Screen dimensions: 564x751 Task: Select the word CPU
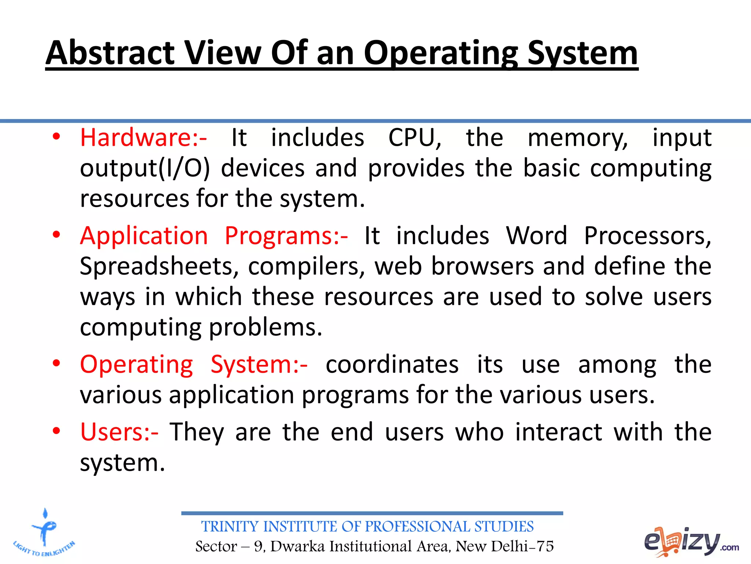click(x=414, y=138)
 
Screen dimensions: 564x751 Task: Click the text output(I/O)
click(x=145, y=168)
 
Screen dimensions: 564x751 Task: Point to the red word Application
click(x=144, y=235)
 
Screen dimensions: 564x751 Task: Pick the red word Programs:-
click(x=286, y=235)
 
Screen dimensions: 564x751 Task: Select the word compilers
click(x=307, y=266)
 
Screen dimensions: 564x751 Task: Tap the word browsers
click(x=482, y=266)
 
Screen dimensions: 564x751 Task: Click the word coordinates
click(x=392, y=365)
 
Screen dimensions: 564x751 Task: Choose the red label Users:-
click(x=120, y=432)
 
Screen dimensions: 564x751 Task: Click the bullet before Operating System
click(x=56, y=364)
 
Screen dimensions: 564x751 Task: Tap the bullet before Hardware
click(x=56, y=137)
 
